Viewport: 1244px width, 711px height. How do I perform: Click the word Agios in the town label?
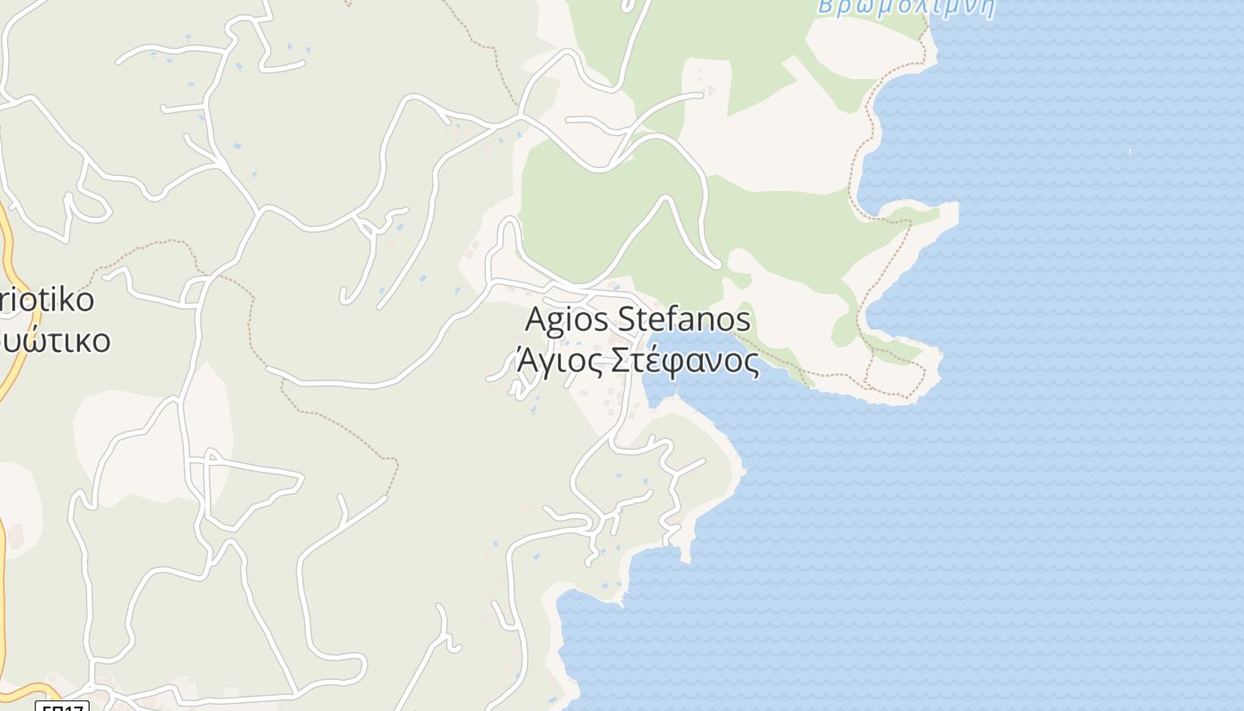click(x=566, y=320)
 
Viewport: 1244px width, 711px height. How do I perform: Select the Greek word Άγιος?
click(x=551, y=363)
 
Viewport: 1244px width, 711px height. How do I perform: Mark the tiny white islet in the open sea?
click(x=1129, y=151)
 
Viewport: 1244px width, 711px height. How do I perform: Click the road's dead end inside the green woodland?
click(x=718, y=265)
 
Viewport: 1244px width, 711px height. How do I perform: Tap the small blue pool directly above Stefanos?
click(x=612, y=289)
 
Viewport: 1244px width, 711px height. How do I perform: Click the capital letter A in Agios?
click(x=534, y=320)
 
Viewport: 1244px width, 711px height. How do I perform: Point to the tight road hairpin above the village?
click(x=508, y=222)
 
